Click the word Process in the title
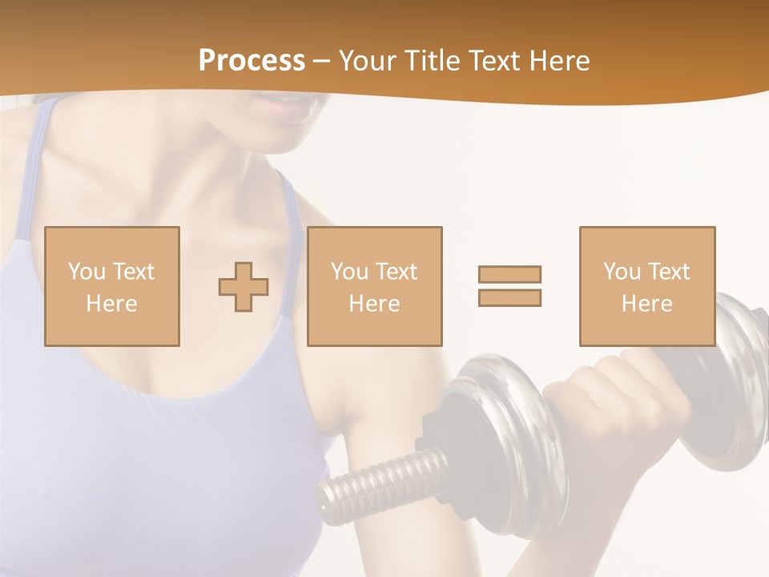tap(252, 61)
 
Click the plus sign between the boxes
tap(244, 286)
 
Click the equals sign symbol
tap(509, 286)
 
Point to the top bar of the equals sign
tap(509, 274)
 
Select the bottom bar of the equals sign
tap(509, 297)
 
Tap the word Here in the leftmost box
tap(111, 304)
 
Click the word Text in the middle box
tap(396, 272)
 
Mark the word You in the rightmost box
tap(622, 272)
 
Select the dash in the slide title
tap(321, 61)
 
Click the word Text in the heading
tap(492, 61)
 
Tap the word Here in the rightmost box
tap(646, 304)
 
